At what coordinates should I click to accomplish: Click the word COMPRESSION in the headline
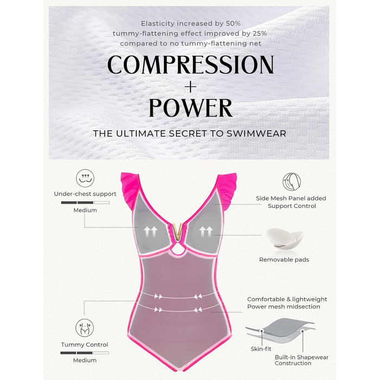tap(191, 65)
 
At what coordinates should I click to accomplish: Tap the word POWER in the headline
tap(191, 108)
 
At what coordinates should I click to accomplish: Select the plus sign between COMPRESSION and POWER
tap(191, 86)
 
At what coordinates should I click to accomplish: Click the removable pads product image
tap(284, 239)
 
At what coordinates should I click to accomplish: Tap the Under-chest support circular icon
tap(85, 178)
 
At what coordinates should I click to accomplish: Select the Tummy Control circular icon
tap(85, 328)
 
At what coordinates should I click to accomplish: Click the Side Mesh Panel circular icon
tap(292, 182)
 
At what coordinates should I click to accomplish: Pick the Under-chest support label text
tap(85, 194)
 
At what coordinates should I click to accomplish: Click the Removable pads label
tap(284, 259)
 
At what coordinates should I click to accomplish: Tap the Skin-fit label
tap(261, 349)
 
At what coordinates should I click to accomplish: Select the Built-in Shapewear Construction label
tap(301, 360)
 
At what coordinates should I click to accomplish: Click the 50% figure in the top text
tap(233, 23)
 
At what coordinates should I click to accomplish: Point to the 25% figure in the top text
tap(259, 34)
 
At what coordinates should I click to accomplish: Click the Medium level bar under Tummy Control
tap(85, 353)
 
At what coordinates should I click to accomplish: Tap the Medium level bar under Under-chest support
tap(85, 202)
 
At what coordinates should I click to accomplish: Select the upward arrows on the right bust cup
tap(206, 232)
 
